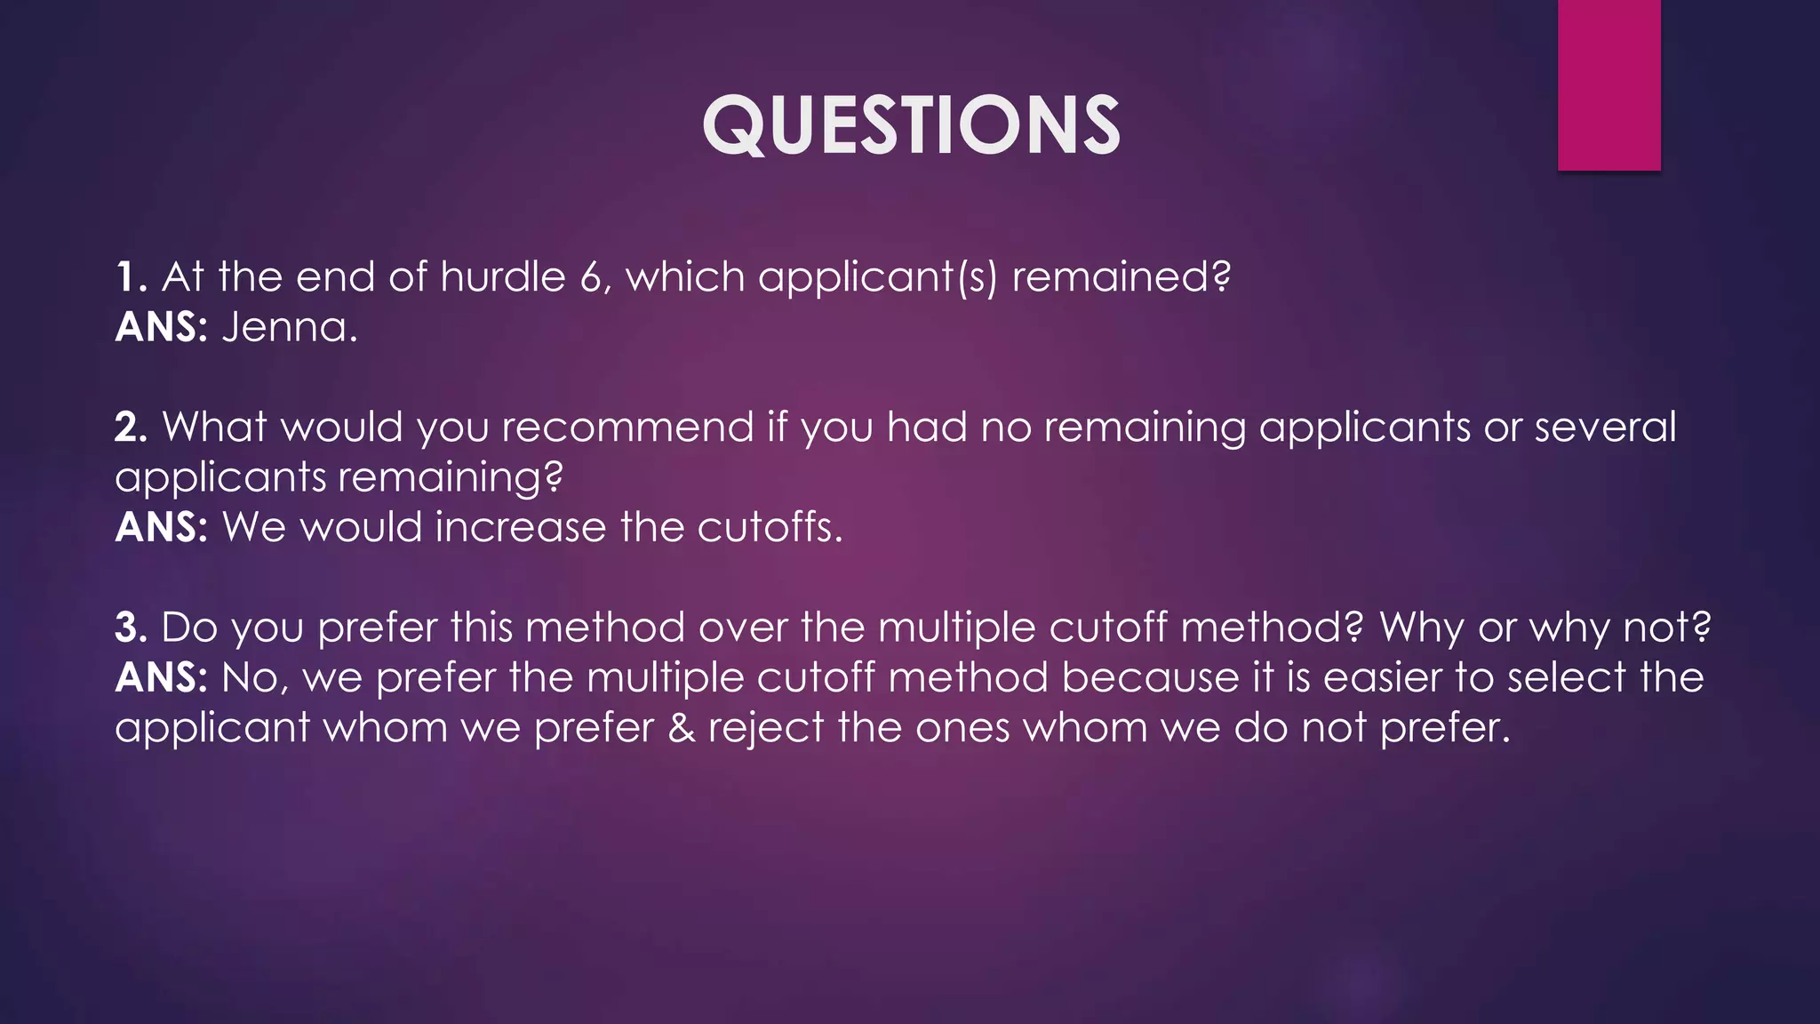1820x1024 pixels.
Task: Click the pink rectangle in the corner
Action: pyautogui.click(x=1608, y=85)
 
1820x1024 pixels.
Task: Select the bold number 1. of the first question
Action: pyautogui.click(x=131, y=277)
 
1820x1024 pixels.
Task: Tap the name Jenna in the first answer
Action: pyautogui.click(x=289, y=328)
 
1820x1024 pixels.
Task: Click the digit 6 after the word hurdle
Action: pyautogui.click(x=591, y=277)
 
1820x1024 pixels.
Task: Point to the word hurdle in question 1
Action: pyautogui.click(x=503, y=277)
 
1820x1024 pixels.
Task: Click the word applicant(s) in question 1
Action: pyautogui.click(x=878, y=277)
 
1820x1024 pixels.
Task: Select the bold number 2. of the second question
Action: pyautogui.click(x=131, y=428)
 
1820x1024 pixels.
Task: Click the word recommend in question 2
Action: pyautogui.click(x=627, y=428)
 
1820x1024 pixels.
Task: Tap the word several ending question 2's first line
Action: pyautogui.click(x=1605, y=428)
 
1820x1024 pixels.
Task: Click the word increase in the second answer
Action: pyautogui.click(x=521, y=528)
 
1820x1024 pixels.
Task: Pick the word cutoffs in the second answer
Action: pyautogui.click(x=769, y=528)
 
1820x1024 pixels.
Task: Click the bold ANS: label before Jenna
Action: pyautogui.click(x=161, y=328)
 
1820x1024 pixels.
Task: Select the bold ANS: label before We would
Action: pyautogui.click(x=161, y=528)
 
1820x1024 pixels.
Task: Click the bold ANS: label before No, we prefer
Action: pyautogui.click(x=161, y=678)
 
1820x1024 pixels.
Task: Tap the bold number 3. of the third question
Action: pyautogui.click(x=131, y=628)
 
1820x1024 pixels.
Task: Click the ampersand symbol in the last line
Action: pyautogui.click(x=681, y=728)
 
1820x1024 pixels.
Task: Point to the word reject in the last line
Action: pyautogui.click(x=766, y=728)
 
